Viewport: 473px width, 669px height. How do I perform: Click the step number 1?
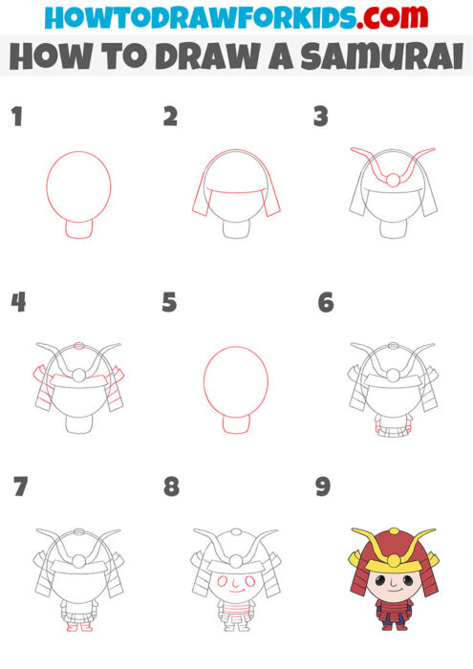click(16, 119)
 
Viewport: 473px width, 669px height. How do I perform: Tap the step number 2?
click(170, 119)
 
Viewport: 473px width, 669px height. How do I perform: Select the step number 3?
click(321, 119)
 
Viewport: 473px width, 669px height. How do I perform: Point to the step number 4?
click(18, 303)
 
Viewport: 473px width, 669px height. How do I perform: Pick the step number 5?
click(170, 303)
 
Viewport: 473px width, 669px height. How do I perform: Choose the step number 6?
click(325, 303)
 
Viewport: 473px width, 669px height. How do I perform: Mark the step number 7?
click(20, 487)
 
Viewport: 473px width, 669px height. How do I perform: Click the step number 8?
click(171, 487)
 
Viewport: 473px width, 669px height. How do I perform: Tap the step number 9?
click(323, 487)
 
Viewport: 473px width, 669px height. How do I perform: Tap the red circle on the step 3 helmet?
click(392, 179)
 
